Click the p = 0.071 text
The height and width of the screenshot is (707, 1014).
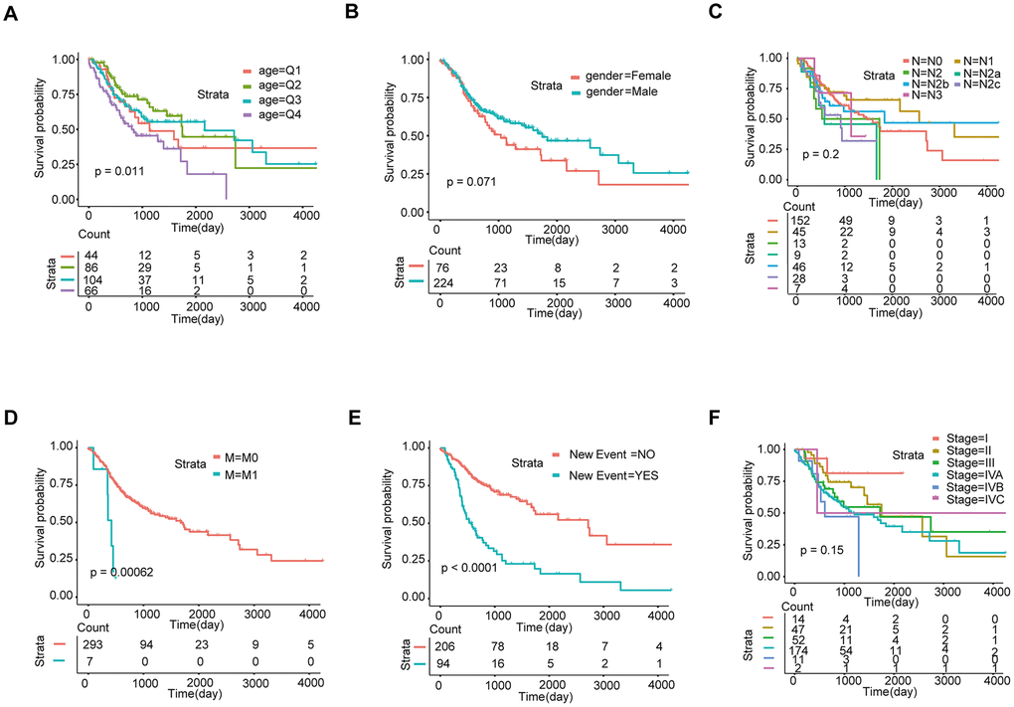(470, 182)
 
